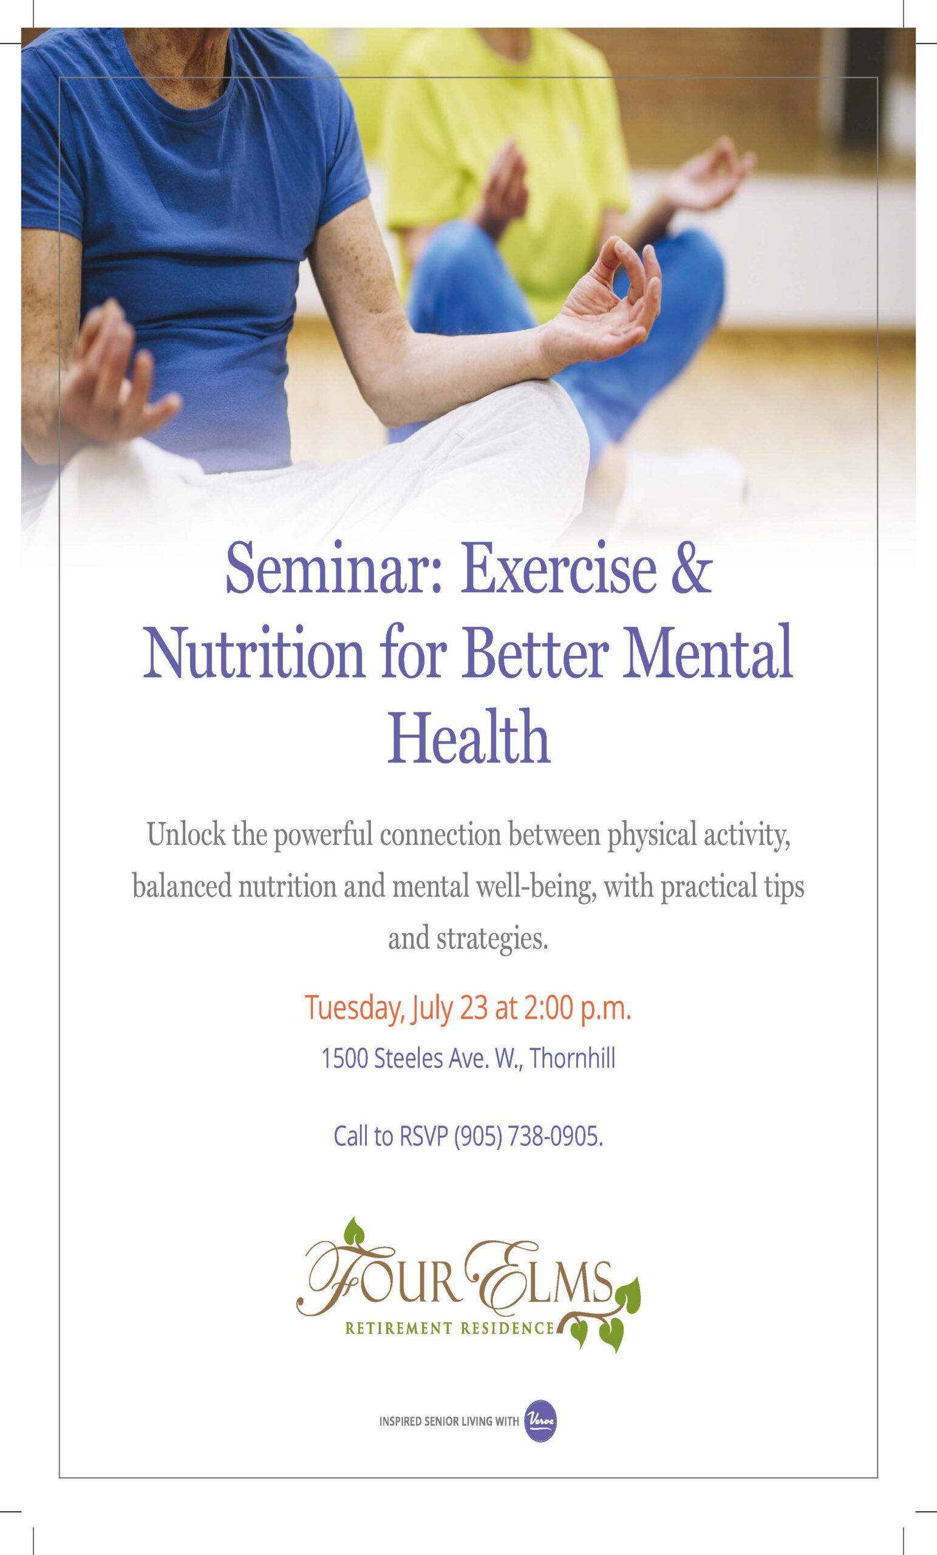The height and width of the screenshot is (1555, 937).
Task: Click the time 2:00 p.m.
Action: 577,1008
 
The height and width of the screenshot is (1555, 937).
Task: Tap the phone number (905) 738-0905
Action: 529,1136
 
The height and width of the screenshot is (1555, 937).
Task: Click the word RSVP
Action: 423,1136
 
